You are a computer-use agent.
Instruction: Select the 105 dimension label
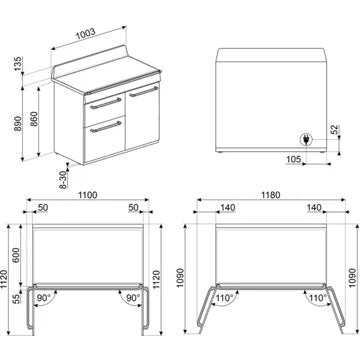click(x=293, y=158)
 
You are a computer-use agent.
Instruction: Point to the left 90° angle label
click(x=43, y=298)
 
